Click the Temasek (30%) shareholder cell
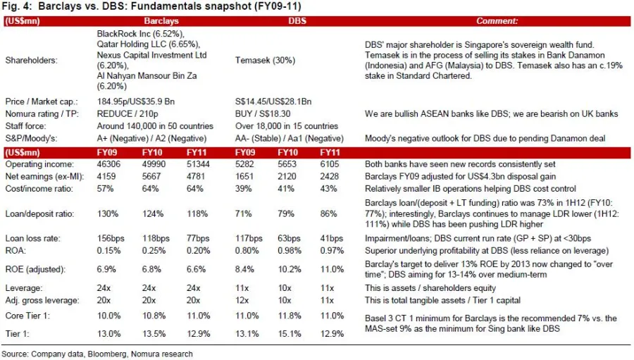(x=266, y=61)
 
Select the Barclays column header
(x=161, y=21)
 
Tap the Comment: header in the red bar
(x=497, y=21)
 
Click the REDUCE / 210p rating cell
(x=128, y=113)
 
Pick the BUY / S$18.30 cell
(x=263, y=113)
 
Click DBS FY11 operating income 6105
(x=330, y=164)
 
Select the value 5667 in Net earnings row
(x=151, y=176)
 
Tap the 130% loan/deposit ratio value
(x=108, y=213)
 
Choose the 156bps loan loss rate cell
(x=111, y=238)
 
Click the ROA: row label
(x=15, y=250)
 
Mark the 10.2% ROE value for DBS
(x=290, y=269)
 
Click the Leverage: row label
(x=23, y=288)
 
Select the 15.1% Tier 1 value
(x=290, y=334)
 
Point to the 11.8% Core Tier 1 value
(x=290, y=316)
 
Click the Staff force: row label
(x=25, y=126)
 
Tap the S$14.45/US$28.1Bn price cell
(x=273, y=101)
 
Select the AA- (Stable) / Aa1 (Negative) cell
(x=290, y=138)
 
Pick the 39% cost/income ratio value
(x=244, y=189)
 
